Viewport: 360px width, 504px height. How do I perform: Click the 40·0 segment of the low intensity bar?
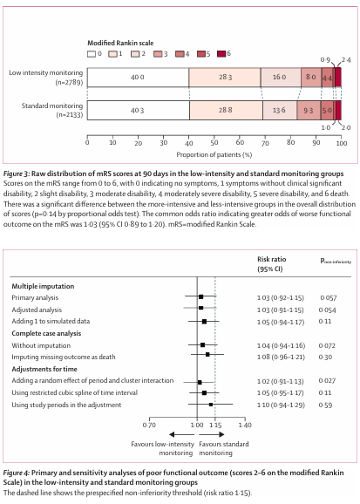pyautogui.click(x=138, y=78)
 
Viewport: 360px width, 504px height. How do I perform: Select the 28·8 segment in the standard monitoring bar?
pyautogui.click(x=226, y=110)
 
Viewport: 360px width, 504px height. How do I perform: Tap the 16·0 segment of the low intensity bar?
pyautogui.click(x=281, y=78)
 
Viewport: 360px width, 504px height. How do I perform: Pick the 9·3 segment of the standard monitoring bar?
pyautogui.click(x=309, y=110)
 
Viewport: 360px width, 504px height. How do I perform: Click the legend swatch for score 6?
pyautogui.click(x=221, y=54)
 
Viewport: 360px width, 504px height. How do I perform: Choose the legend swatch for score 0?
pyautogui.click(x=92, y=54)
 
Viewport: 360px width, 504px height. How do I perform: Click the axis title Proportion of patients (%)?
pyautogui.click(x=214, y=154)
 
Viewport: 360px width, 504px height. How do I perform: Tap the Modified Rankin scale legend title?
pyautogui.click(x=120, y=43)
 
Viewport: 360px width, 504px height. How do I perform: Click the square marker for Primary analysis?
pyautogui.click(x=200, y=297)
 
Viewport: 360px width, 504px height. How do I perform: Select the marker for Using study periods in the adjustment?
pyautogui.click(x=211, y=405)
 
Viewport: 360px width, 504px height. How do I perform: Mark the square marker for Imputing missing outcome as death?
pyautogui.click(x=207, y=355)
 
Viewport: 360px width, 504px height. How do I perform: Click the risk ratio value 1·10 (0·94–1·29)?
pyautogui.click(x=281, y=405)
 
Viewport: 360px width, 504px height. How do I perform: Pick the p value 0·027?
pyautogui.click(x=327, y=381)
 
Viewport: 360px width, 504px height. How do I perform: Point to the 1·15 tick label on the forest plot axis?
pyautogui.click(x=215, y=426)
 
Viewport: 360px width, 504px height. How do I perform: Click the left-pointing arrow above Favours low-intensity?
pyautogui.click(x=181, y=434)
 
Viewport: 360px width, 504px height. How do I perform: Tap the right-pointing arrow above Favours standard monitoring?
pyautogui.click(x=212, y=434)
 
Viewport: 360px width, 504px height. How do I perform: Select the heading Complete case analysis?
pyautogui.click(x=46, y=333)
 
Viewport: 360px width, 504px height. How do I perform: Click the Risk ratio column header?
pyautogui.click(x=272, y=259)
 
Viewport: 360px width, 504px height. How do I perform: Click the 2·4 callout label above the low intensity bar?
pyautogui.click(x=346, y=60)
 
